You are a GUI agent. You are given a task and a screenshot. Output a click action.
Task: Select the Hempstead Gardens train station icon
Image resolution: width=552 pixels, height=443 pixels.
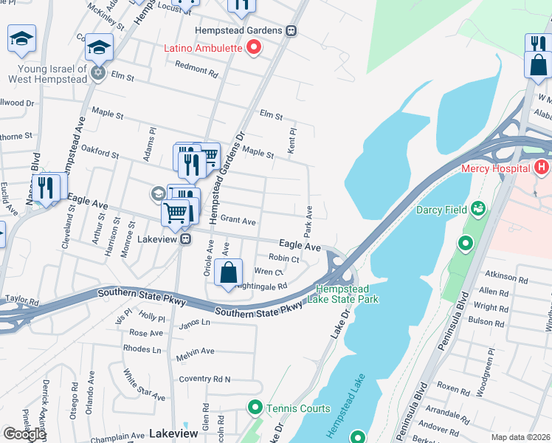point(292,30)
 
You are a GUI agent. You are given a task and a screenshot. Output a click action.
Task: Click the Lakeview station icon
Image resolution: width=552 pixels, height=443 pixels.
point(187,238)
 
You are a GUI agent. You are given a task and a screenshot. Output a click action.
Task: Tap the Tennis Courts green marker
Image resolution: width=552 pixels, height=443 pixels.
point(255,408)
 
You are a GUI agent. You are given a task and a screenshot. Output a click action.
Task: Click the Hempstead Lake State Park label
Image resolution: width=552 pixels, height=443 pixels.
point(347,294)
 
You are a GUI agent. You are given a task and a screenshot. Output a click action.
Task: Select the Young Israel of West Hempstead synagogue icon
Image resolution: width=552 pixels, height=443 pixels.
point(97,73)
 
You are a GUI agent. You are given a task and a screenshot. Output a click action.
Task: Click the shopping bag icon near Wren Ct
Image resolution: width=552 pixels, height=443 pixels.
point(229,272)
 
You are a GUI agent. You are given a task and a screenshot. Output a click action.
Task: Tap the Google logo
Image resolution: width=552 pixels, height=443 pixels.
point(24,434)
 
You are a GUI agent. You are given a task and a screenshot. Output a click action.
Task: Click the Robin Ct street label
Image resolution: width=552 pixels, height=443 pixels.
point(283,259)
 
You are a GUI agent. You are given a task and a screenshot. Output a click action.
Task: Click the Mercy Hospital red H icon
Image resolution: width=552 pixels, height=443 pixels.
point(542,168)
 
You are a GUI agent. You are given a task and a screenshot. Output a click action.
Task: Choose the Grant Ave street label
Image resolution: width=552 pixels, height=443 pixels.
point(238,221)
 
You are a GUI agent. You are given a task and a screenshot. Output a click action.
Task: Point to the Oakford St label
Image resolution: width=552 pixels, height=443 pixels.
point(100,154)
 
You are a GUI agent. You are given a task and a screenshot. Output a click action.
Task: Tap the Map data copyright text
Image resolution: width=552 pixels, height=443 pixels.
point(520,437)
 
